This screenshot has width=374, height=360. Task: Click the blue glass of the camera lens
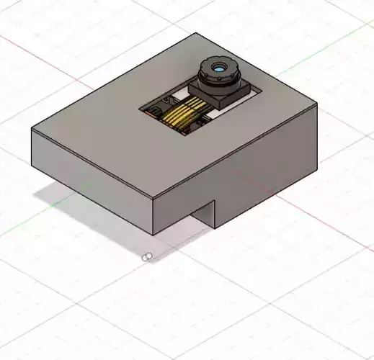[x=218, y=68]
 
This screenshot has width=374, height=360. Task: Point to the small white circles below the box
[x=147, y=257]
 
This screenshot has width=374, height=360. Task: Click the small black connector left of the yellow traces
[x=154, y=112]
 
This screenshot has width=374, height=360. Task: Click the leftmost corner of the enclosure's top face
[x=32, y=130]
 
